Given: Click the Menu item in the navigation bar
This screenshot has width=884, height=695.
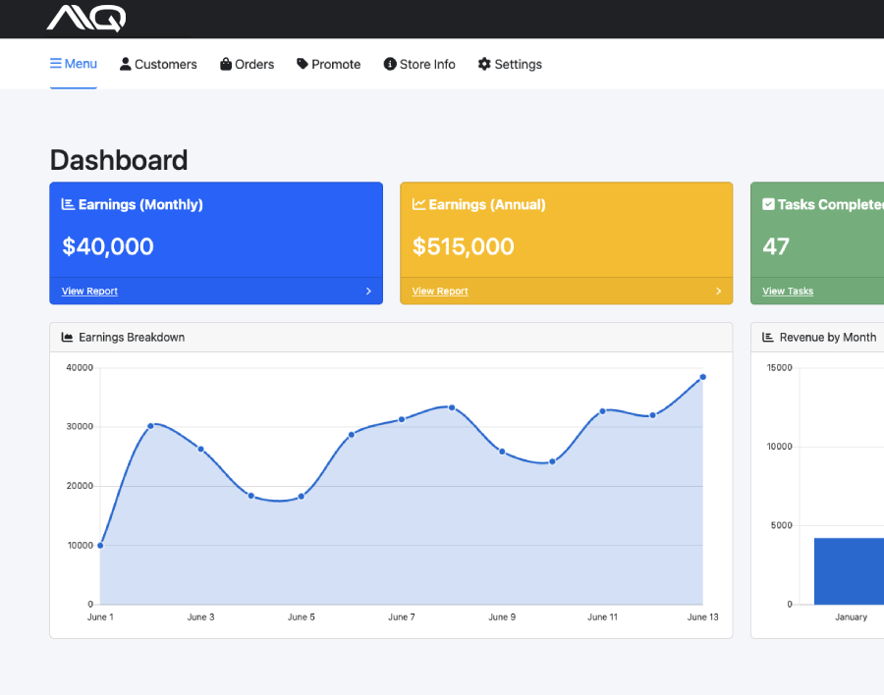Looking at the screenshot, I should point(74,64).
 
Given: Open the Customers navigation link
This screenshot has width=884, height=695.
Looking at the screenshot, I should point(158,65).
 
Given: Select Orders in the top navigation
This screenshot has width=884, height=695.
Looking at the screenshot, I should point(248,65).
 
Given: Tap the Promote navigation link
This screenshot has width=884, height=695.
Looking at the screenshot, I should point(329,65).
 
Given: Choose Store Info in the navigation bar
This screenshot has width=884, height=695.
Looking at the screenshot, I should point(419,65).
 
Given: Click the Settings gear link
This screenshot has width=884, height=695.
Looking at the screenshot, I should point(510,65).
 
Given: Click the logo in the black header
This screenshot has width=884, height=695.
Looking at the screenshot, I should point(86,18).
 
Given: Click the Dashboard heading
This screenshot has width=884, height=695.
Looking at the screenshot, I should point(119,160).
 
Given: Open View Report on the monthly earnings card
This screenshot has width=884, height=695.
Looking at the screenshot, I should point(89,292).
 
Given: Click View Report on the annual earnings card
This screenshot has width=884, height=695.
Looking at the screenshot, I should point(440,292).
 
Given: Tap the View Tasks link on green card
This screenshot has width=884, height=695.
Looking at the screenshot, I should point(788,292).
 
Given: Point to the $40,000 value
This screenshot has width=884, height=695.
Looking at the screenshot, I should point(108,246).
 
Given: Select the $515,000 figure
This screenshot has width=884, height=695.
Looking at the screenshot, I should point(464,246).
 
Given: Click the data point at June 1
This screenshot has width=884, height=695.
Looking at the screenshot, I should point(100,545).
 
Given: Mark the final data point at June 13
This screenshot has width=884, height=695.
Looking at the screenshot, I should point(702,377).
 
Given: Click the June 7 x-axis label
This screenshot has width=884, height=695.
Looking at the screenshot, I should point(401,617).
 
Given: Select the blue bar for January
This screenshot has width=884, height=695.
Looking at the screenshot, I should point(849,570).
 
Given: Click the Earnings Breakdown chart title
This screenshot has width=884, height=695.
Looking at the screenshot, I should point(132,338).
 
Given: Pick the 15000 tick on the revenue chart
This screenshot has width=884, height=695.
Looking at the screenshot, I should point(779,368).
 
